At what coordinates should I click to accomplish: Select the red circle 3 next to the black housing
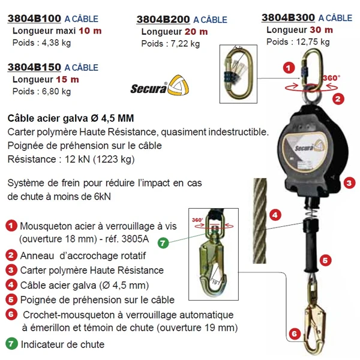tap(350, 182)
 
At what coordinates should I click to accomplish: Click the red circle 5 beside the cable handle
tap(325, 260)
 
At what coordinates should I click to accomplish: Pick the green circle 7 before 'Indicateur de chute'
tap(11, 344)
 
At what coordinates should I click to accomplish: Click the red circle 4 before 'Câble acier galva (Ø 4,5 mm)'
tap(11, 285)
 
